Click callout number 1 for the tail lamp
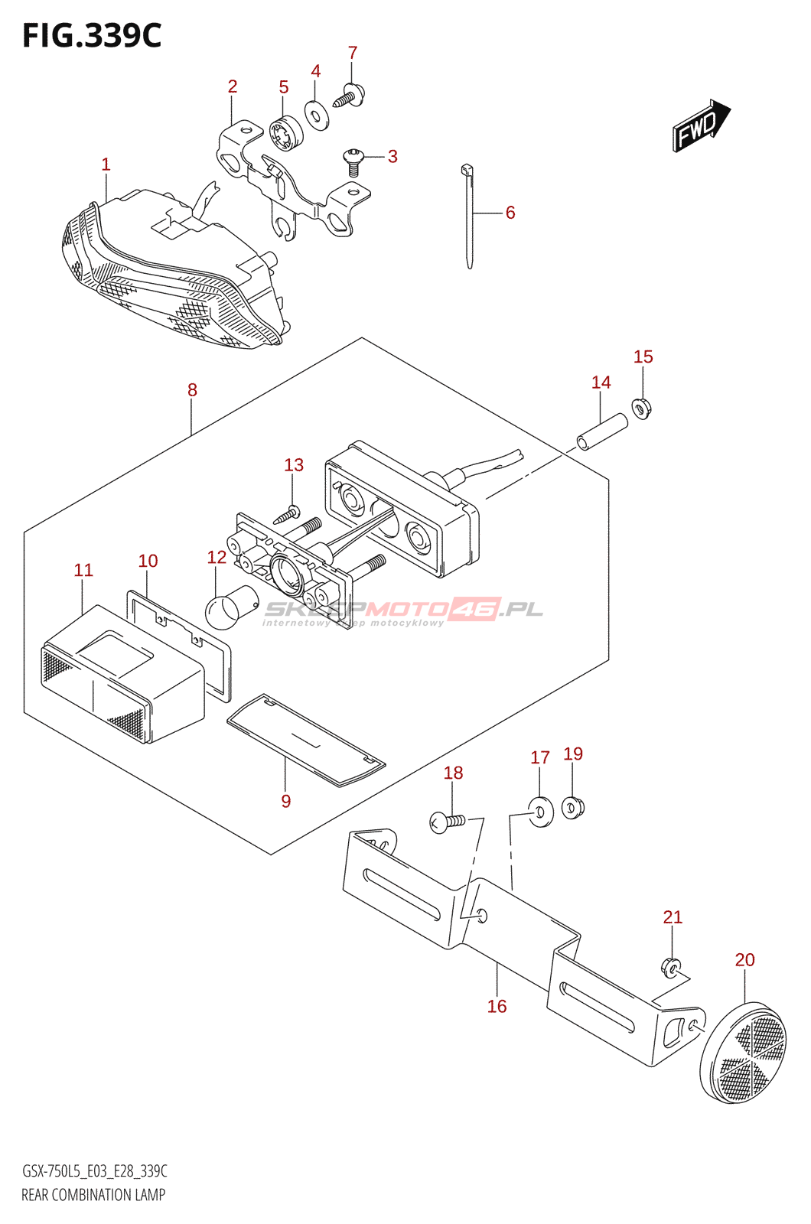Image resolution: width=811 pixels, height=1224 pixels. [106, 164]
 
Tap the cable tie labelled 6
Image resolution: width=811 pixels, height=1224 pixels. [468, 218]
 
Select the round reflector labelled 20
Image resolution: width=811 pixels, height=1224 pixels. [743, 1052]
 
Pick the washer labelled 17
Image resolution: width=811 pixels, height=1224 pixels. [542, 811]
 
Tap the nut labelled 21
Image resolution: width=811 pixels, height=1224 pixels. [671, 968]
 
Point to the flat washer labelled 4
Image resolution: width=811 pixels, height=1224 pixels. [317, 114]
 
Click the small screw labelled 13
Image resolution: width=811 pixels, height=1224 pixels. [288, 515]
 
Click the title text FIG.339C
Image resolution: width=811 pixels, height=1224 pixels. [92, 35]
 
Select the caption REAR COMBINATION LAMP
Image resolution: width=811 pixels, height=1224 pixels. [93, 1194]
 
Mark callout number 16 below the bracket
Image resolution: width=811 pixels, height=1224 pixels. [497, 1006]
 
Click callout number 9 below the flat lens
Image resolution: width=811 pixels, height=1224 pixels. [285, 801]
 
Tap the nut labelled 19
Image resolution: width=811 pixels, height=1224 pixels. [573, 806]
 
